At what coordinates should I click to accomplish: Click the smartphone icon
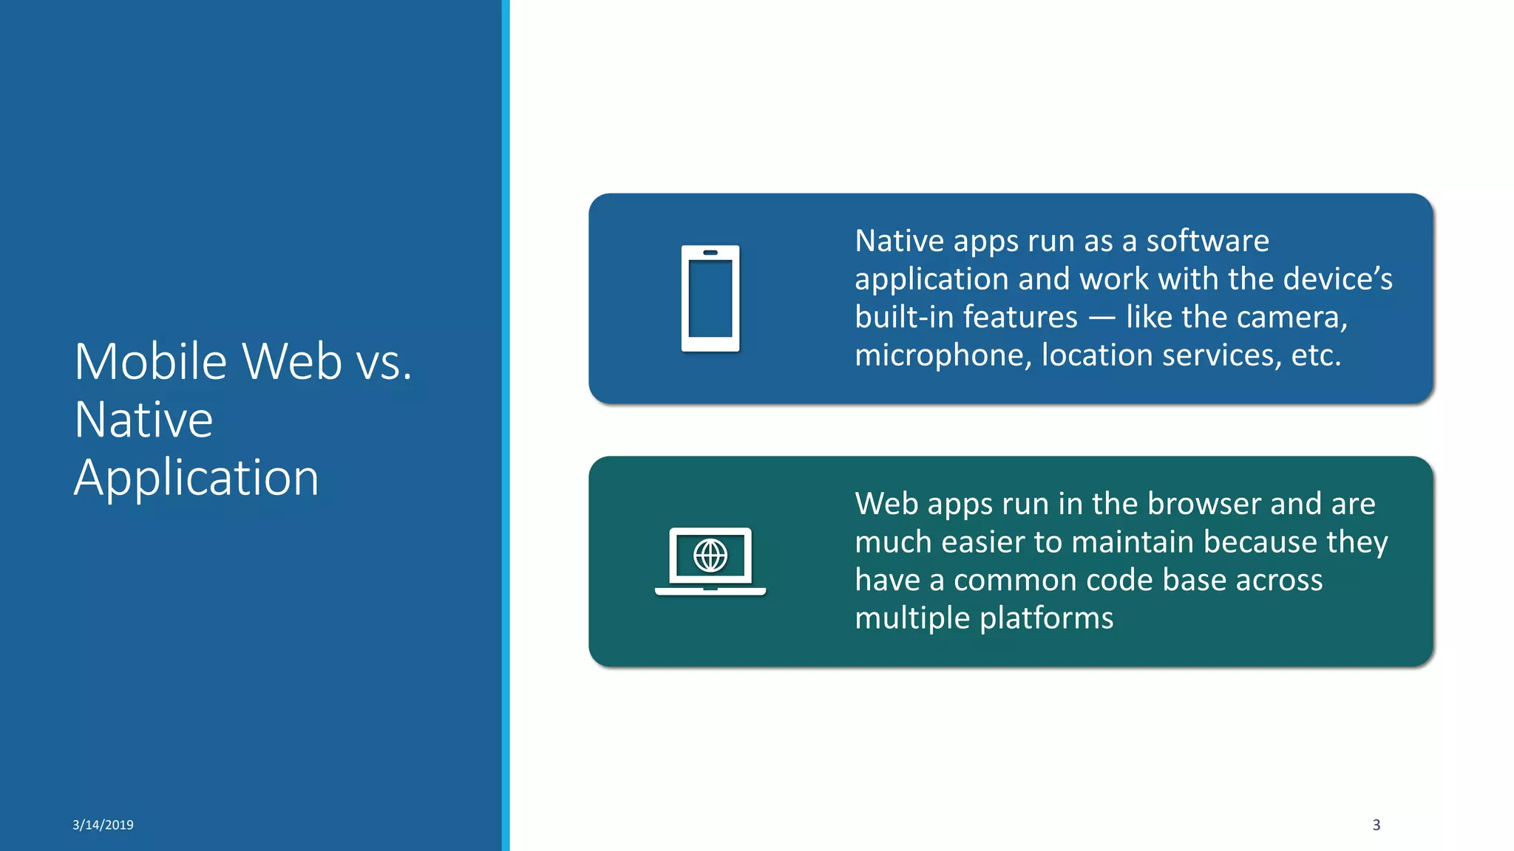pos(710,298)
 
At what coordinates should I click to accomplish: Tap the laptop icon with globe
pos(710,561)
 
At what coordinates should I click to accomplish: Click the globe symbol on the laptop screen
pos(710,555)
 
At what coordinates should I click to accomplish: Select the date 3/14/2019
pos(103,825)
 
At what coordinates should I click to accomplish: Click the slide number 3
pos(1376,825)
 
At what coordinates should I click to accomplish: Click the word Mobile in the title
pos(151,362)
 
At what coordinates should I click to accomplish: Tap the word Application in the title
pos(196,478)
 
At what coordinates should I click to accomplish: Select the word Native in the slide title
pos(143,420)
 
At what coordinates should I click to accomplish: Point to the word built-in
pos(904,318)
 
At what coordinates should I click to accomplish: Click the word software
pos(1206,241)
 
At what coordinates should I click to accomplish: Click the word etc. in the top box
pos(1315,356)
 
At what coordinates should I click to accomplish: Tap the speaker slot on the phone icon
pos(710,253)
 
